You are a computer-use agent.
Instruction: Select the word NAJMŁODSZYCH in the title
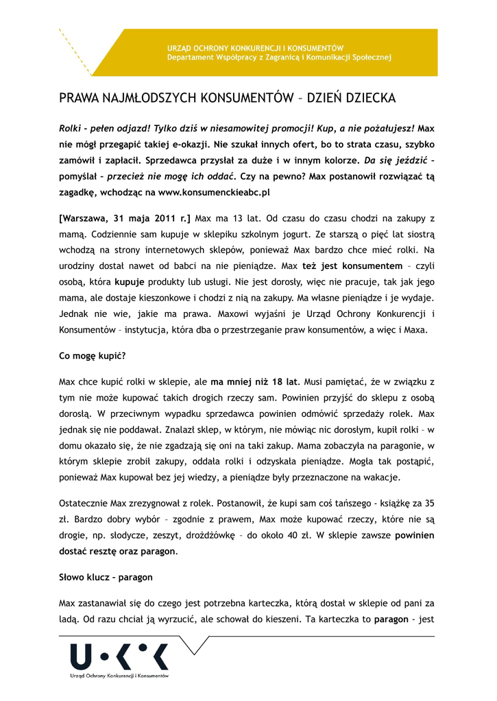point(143,99)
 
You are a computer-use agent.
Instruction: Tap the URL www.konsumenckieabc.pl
point(214,192)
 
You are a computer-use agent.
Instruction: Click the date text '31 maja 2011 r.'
point(153,219)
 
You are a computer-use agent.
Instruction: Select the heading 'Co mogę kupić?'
point(93,356)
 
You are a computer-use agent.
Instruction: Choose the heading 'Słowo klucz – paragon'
point(106,578)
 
